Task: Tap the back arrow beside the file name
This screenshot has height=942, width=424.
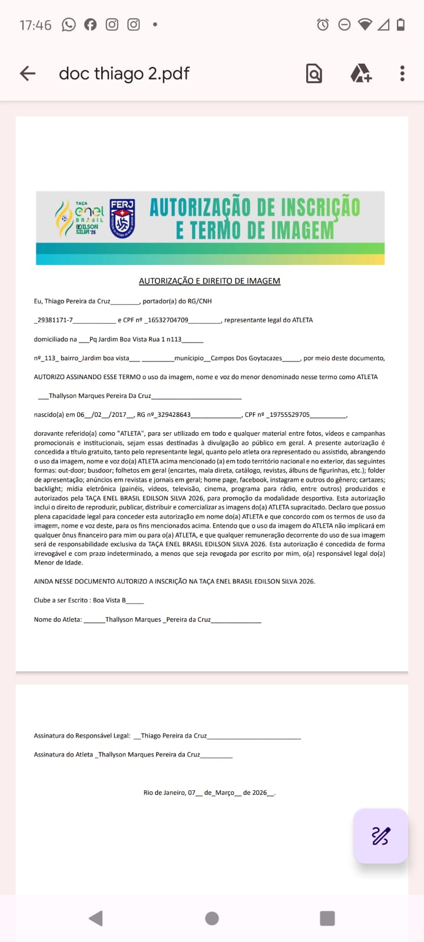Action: (x=28, y=73)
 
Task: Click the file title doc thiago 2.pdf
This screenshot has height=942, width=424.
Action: (x=124, y=73)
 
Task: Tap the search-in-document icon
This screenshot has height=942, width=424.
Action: (x=314, y=74)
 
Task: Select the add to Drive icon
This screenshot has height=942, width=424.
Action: (x=360, y=74)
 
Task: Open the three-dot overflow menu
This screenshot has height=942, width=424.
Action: (x=402, y=73)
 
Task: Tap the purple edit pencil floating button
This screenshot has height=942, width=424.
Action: (x=380, y=835)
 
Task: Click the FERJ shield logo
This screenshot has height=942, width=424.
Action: (x=122, y=218)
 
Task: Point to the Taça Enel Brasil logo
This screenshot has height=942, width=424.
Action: (x=81, y=218)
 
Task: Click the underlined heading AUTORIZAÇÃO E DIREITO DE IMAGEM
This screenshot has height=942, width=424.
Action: (x=209, y=281)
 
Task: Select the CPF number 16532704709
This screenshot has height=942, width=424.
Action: (x=168, y=320)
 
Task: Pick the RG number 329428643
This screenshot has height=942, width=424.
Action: (x=174, y=414)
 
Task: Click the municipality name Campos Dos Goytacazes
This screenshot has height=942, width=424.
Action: (x=246, y=358)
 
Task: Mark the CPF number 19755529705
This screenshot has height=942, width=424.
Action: (x=290, y=414)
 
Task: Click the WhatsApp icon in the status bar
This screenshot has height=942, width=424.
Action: (x=69, y=25)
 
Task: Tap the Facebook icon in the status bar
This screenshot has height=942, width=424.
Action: (x=90, y=25)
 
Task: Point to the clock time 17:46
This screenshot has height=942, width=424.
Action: (x=35, y=25)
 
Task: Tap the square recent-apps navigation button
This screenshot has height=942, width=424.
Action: (x=327, y=918)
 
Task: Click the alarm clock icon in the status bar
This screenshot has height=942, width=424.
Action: (x=323, y=25)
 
